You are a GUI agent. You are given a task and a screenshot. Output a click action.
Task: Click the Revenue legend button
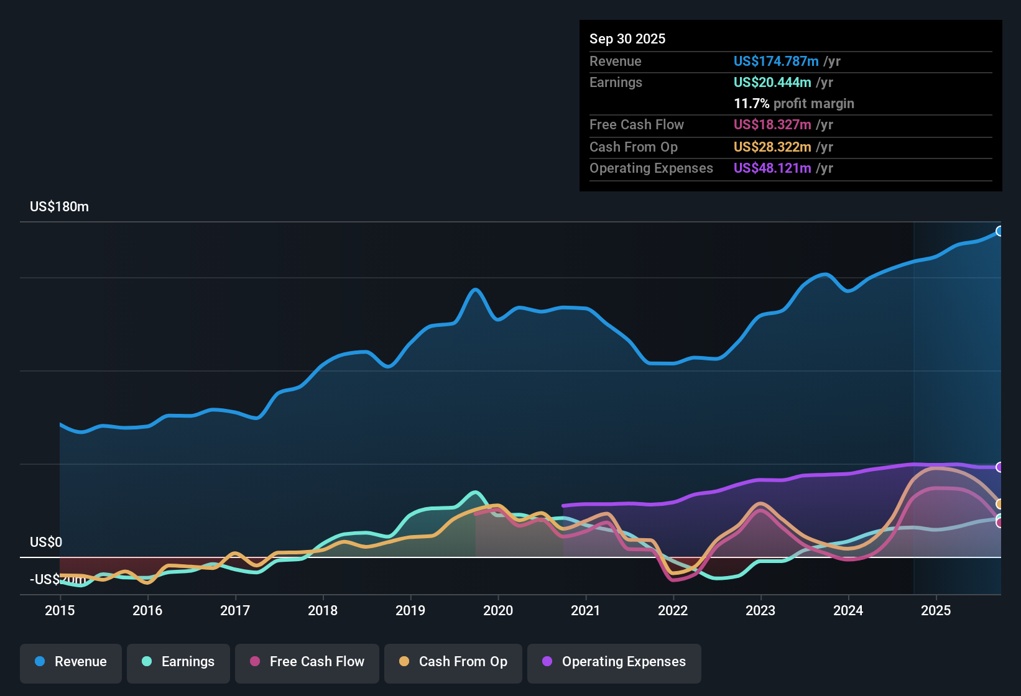71,662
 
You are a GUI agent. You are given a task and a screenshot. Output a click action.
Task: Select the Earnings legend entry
178,662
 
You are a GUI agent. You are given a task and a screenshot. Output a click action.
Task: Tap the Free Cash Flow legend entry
307,662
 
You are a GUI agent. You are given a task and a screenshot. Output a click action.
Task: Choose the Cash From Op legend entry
453,662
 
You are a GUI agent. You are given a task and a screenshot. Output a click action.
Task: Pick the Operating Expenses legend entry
614,662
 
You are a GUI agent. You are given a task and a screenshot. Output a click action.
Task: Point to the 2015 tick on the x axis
60,610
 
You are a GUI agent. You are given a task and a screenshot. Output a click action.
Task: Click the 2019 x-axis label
410,610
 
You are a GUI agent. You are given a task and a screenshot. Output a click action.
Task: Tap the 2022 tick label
673,610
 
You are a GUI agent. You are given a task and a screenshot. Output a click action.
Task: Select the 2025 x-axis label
936,610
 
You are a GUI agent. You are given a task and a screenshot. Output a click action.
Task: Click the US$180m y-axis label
59,207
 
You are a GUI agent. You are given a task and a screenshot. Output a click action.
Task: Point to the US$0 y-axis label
46,542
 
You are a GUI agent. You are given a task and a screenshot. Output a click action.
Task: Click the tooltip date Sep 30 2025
627,39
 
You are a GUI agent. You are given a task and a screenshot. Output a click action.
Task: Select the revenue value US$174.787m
775,61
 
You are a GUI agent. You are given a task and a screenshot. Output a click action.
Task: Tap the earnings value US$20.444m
772,82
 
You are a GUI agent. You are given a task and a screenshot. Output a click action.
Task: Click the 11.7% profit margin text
793,103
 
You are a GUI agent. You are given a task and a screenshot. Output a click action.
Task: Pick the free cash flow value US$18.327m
772,124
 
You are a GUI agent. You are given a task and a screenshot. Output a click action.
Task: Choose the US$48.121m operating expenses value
772,168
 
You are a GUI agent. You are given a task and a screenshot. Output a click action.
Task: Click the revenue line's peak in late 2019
476,290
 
